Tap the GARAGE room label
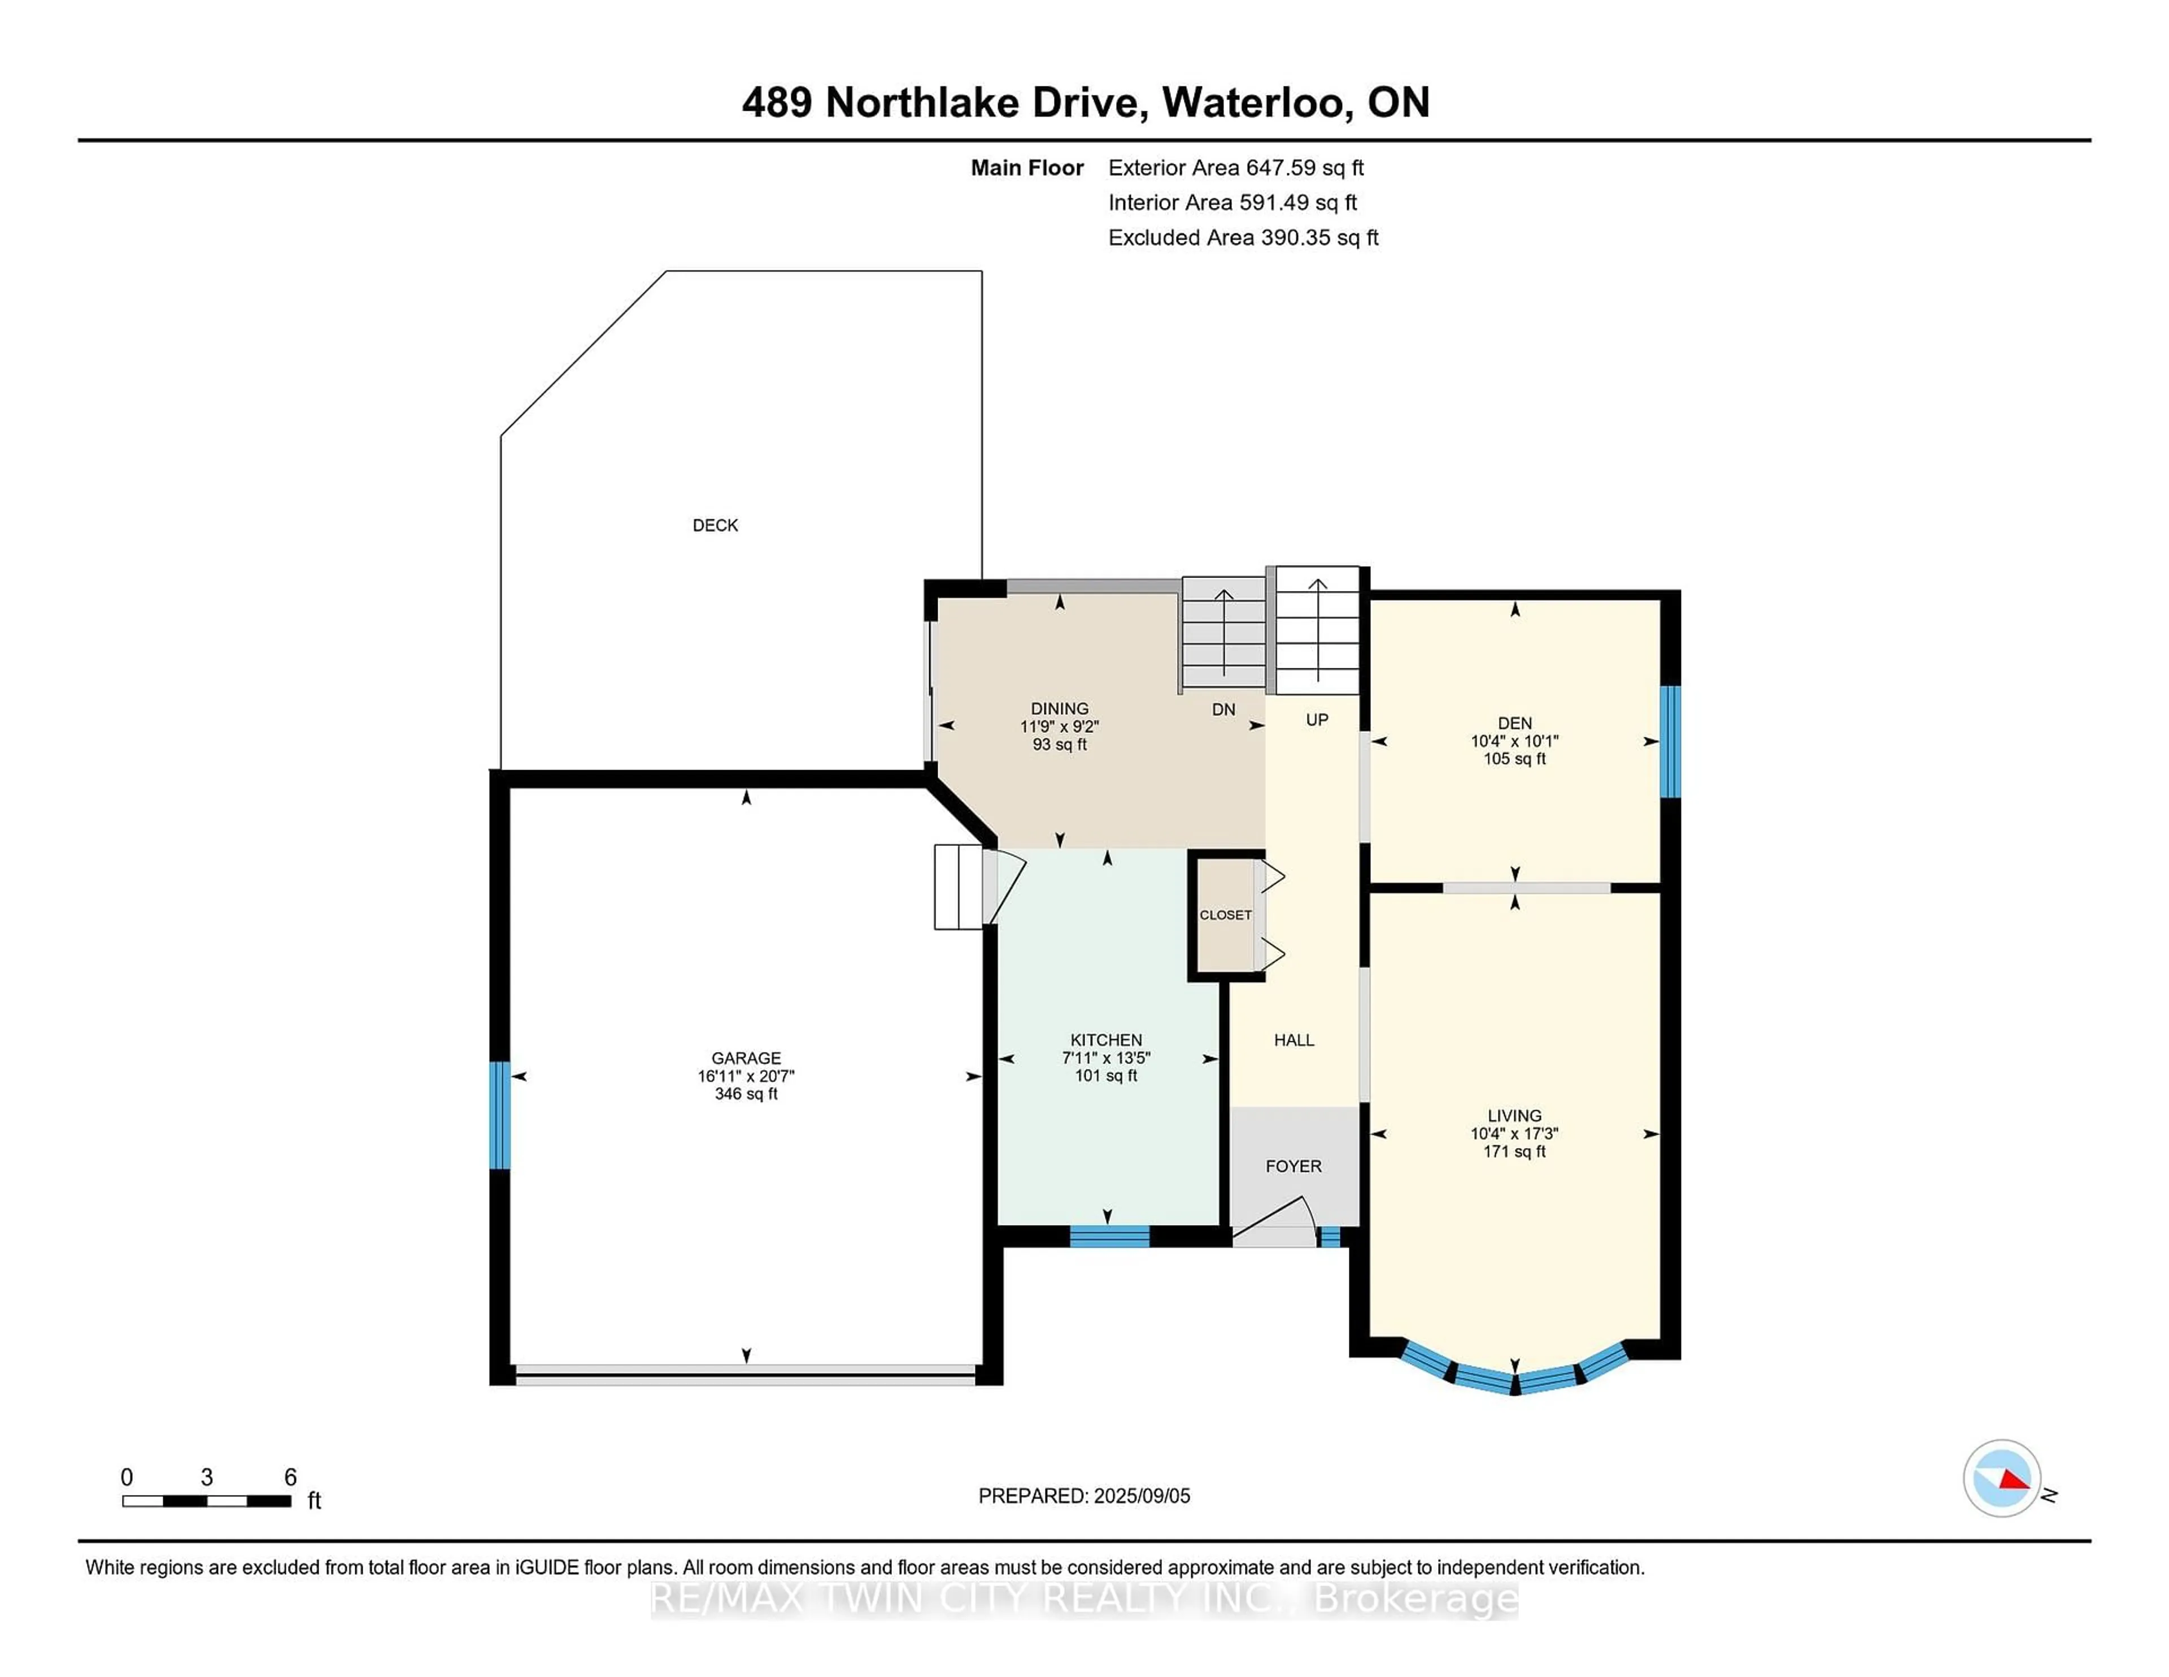coord(746,1058)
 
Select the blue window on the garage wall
coord(499,1115)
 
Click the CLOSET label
coord(1226,915)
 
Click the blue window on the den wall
coord(1670,742)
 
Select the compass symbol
coord(2001,1478)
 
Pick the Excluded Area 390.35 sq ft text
coord(1243,237)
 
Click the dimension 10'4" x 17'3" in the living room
coord(1514,1133)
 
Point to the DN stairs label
coord(1223,709)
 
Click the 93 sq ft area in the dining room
coord(1060,744)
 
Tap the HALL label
coord(1294,1040)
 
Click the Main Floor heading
coord(1027,168)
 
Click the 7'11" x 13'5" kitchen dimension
coord(1107,1058)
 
